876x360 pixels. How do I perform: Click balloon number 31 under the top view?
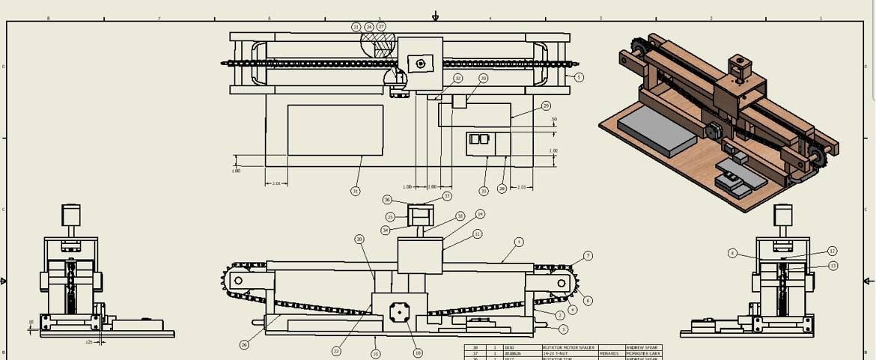tap(355, 191)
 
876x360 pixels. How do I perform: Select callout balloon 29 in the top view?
tap(546, 106)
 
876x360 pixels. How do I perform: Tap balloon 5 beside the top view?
tap(579, 77)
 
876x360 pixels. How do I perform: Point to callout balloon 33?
tap(483, 78)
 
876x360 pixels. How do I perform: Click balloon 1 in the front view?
tap(519, 242)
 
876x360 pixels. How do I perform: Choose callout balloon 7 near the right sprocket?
tap(588, 256)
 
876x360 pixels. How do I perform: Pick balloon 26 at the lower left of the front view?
tap(244, 345)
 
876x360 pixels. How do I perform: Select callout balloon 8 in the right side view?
tap(732, 253)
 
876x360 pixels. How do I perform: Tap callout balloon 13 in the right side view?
tap(833, 266)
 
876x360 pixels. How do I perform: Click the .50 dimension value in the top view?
tap(554, 120)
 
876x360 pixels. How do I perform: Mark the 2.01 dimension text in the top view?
tap(276, 183)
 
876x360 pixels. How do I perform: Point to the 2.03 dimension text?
tap(522, 187)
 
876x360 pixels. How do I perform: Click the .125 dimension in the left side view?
tap(89, 343)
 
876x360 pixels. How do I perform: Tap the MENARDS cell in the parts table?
tap(609, 353)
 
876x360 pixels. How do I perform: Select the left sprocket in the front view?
tap(238, 281)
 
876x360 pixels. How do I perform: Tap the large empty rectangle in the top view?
tap(335, 130)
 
